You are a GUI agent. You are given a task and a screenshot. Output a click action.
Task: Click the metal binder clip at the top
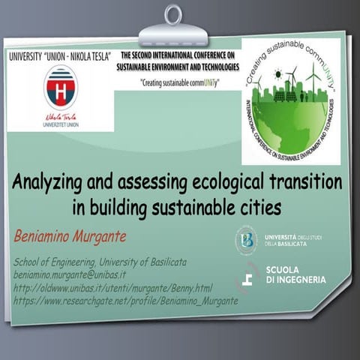tap(173, 28)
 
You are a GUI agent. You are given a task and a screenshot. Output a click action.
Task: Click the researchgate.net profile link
tap(126, 300)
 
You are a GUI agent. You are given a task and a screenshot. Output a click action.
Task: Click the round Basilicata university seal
tap(246, 240)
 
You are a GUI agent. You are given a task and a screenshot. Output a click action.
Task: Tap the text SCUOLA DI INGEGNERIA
tap(295, 275)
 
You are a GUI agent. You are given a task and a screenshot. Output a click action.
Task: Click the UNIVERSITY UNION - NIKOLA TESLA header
tap(60, 56)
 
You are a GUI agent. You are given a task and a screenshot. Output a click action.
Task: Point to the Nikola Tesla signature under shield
tap(60, 118)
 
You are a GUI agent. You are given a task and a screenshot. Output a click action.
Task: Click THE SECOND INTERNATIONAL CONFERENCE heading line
tap(180, 55)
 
